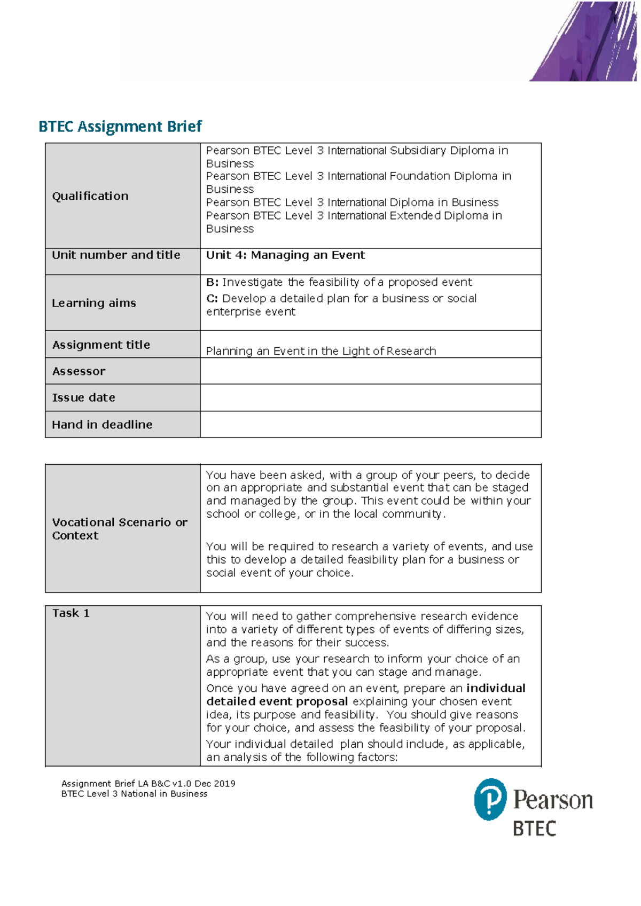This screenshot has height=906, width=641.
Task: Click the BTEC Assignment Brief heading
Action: click(x=120, y=127)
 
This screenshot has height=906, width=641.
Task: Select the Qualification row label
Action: click(x=90, y=196)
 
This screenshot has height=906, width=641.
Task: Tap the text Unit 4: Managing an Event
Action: click(x=285, y=255)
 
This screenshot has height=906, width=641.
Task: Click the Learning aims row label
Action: click(x=94, y=303)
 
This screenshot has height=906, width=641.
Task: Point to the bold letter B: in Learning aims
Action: click(x=212, y=282)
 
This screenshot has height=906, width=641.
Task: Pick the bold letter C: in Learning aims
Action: click(x=212, y=299)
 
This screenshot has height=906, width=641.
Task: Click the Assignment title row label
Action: click(x=101, y=345)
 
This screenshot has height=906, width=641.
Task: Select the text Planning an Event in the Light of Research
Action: click(x=320, y=351)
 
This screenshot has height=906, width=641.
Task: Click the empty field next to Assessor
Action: click(x=370, y=371)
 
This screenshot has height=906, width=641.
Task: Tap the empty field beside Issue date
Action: click(x=370, y=398)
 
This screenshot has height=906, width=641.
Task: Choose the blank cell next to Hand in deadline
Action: click(x=370, y=425)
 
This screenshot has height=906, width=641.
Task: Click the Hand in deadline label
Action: click(x=102, y=425)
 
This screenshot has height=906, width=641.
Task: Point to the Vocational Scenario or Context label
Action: click(x=120, y=529)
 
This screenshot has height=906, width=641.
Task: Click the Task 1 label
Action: click(x=71, y=613)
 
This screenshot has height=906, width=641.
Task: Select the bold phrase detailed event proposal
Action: click(x=277, y=701)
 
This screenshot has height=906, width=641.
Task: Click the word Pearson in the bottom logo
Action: click(x=553, y=800)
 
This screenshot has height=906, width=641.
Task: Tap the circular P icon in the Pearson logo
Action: click(x=490, y=799)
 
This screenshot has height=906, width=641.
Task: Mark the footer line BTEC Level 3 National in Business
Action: click(x=134, y=794)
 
